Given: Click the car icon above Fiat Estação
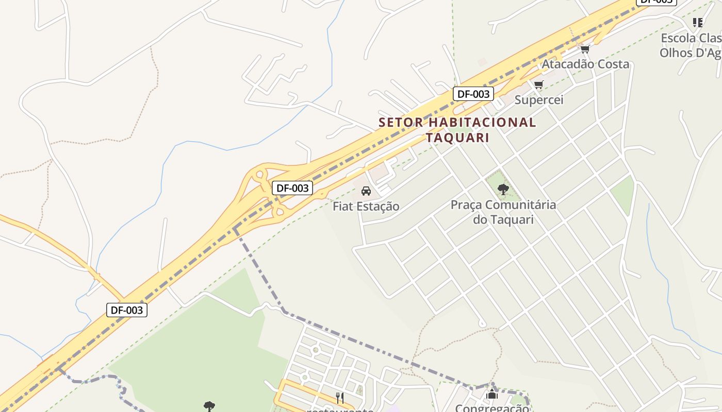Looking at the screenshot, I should point(366,191).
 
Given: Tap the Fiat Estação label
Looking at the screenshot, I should point(366,207).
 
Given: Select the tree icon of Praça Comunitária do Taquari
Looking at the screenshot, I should point(503,190).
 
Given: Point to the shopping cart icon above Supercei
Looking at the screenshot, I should point(539,84).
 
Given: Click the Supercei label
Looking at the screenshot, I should point(539,100).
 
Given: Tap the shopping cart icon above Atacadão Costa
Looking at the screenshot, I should point(585,49).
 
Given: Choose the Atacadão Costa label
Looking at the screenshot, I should point(585,64).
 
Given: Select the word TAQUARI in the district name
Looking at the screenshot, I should point(457,138).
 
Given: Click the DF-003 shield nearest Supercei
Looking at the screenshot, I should point(473,94).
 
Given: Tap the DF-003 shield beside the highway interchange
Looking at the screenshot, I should point(292,188).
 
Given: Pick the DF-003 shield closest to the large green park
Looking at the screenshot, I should point(127,310).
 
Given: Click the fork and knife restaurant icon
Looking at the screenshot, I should point(340,398).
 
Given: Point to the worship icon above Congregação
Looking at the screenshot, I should point(493,394).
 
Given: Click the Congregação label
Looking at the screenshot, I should point(492,408).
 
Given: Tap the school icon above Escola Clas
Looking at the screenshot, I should point(698,23).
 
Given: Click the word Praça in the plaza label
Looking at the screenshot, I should point(466,205).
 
